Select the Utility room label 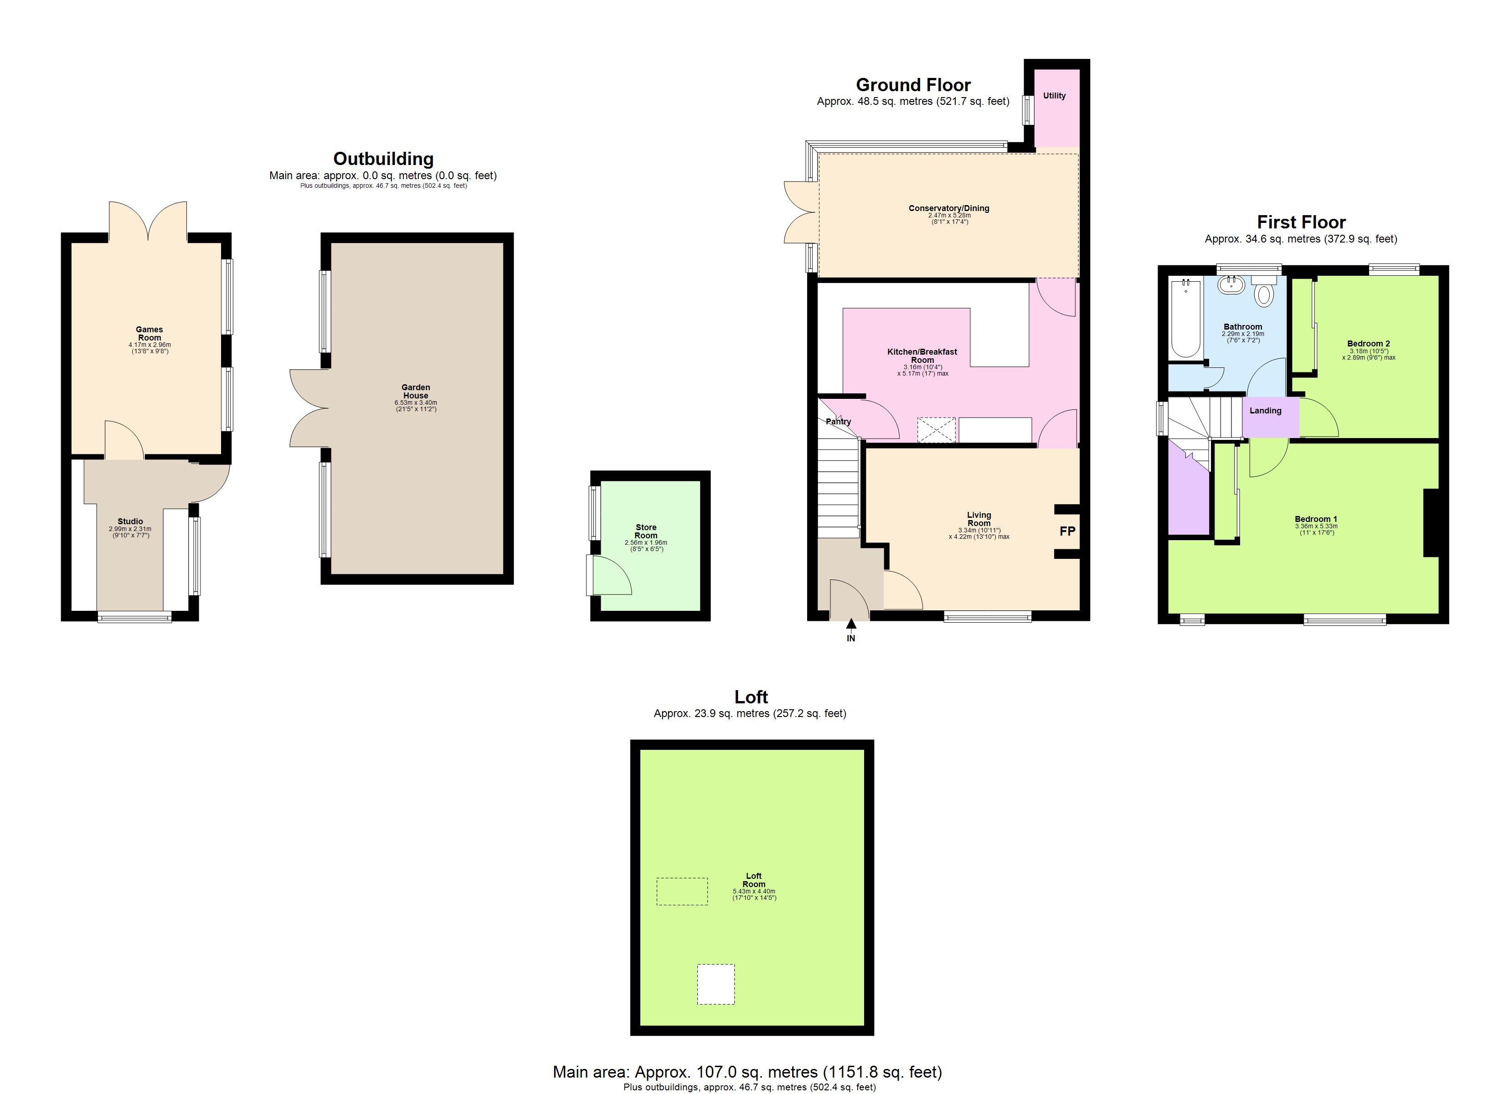(1054, 96)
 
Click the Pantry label (838, 421)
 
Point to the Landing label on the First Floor (1265, 411)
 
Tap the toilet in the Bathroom (1264, 294)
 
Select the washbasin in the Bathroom (1232, 285)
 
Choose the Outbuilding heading (383, 159)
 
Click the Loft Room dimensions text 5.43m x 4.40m (754, 891)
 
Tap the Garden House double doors (309, 408)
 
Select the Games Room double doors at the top (148, 221)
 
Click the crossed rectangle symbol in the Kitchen (936, 430)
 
